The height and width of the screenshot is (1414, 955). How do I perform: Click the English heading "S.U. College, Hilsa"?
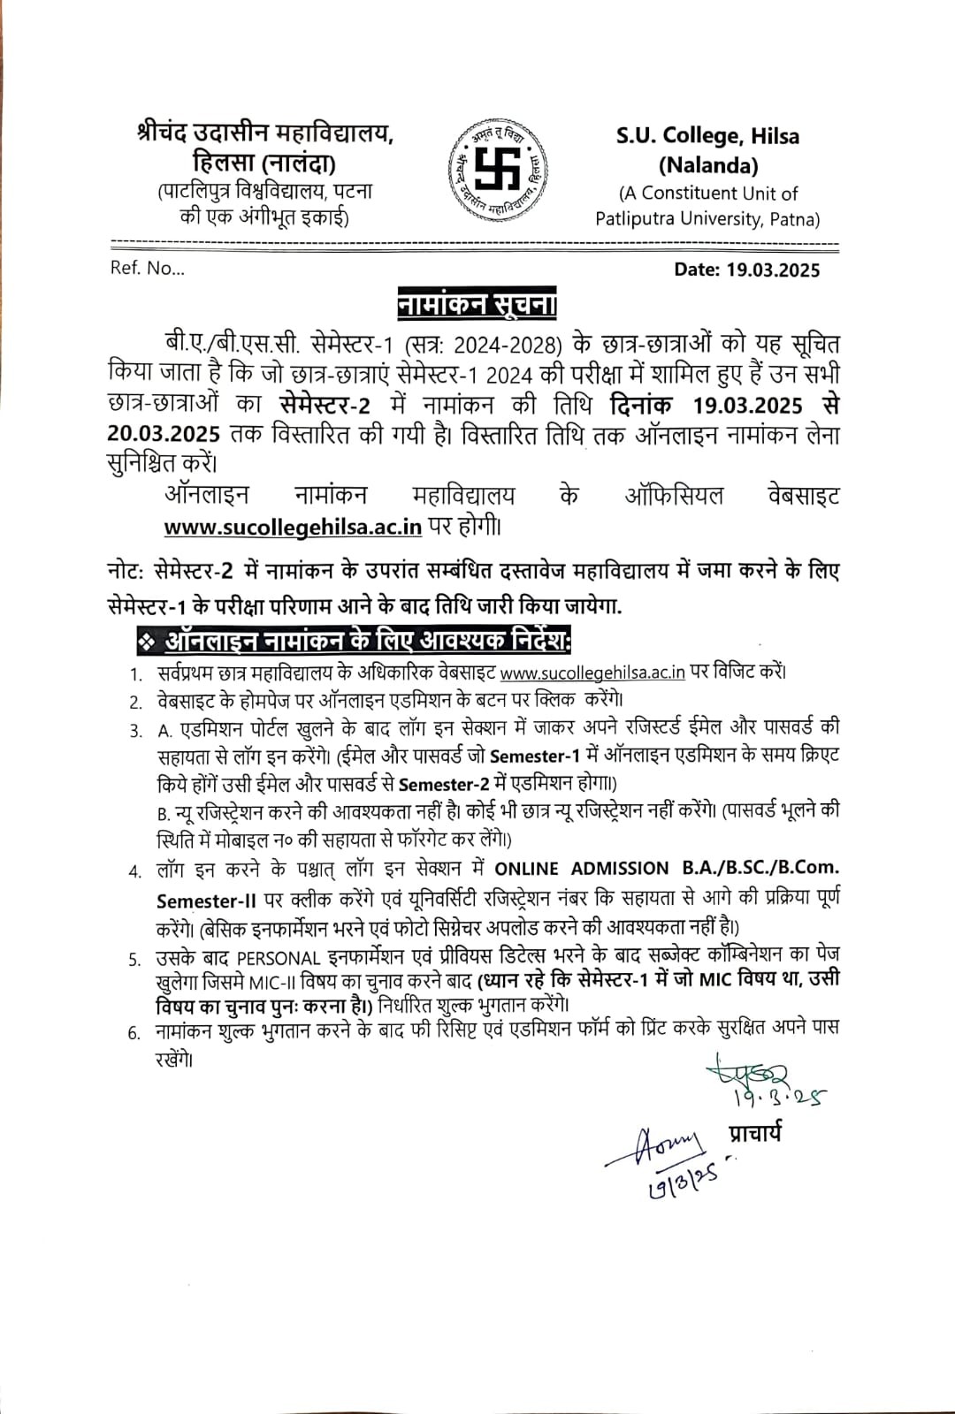click(707, 136)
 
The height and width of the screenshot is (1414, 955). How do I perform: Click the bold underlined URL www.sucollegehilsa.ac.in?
click(293, 527)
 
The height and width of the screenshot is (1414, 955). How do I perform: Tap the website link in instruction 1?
click(592, 672)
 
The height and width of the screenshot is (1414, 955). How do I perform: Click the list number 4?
click(134, 871)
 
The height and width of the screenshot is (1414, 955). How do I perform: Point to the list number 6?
click(134, 1032)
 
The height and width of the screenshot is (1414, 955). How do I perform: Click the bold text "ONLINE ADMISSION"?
click(581, 869)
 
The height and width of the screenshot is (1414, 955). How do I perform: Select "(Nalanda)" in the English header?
click(707, 164)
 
